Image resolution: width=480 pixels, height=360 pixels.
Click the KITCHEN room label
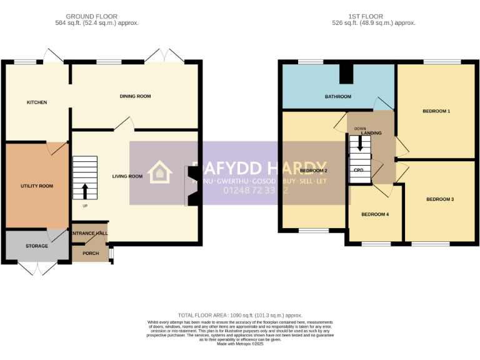point(36,102)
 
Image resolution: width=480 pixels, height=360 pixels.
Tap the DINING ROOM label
point(136,96)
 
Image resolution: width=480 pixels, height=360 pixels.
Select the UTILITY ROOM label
point(37,186)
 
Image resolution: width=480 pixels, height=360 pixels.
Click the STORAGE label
point(37,246)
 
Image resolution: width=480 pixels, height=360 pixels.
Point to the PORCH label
point(91,253)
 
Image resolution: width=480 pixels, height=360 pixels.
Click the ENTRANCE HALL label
point(90,233)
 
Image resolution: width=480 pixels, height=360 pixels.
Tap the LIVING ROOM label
point(127,176)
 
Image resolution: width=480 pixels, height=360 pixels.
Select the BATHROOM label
point(337,97)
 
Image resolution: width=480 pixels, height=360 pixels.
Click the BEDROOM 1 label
point(436,111)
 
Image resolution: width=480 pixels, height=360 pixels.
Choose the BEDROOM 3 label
point(440,199)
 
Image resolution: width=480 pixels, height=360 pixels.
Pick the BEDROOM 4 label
point(375,214)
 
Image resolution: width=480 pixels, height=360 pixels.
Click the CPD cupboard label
point(359,170)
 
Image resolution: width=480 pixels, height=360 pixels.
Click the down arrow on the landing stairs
point(360,144)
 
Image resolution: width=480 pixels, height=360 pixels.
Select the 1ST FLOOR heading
point(366,17)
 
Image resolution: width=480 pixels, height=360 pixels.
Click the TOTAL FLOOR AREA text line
point(240,316)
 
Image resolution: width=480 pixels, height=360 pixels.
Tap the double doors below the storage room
point(37,267)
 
